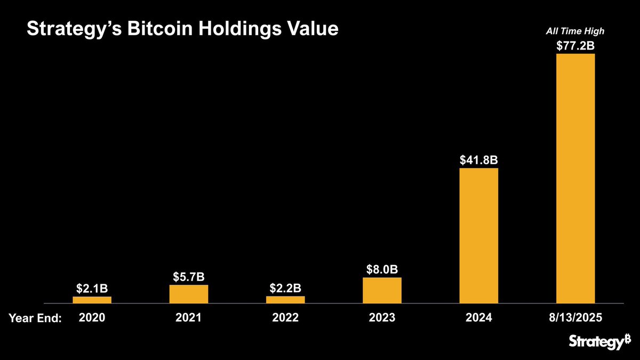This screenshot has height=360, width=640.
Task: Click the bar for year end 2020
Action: (x=92, y=300)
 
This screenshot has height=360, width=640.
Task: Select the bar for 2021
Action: (x=189, y=294)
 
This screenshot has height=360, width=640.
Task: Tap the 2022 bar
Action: (x=285, y=300)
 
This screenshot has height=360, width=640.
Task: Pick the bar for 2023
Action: (x=382, y=290)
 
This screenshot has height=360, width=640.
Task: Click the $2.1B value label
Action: (x=92, y=289)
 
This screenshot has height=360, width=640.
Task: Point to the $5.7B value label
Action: (x=189, y=277)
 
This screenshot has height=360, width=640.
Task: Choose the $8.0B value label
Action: (x=382, y=269)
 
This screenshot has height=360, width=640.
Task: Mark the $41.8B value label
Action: (x=478, y=160)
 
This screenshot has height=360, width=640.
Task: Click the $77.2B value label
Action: (x=575, y=45)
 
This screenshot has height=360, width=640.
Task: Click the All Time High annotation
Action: (x=575, y=31)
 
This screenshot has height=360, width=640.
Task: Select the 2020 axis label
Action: (x=92, y=318)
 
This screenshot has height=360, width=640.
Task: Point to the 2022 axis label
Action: (x=285, y=318)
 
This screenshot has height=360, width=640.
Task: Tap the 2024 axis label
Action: (x=478, y=318)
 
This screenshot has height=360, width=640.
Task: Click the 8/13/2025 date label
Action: (x=575, y=318)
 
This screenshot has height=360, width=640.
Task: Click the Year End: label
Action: (x=35, y=318)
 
